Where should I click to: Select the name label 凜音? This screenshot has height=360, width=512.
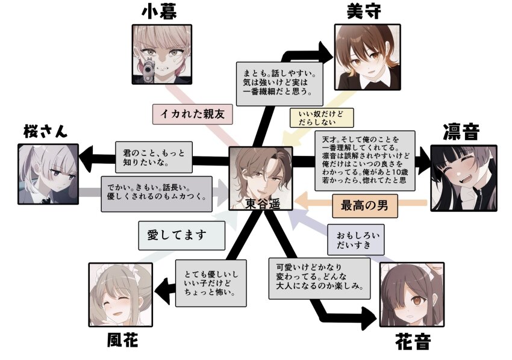pyautogui.click(x=461, y=132)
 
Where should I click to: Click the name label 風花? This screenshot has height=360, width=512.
pyautogui.click(x=118, y=341)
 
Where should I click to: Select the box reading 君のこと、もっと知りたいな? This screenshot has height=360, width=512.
pyautogui.click(x=152, y=157)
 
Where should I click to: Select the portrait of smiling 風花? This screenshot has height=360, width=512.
pyautogui.click(x=119, y=294)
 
